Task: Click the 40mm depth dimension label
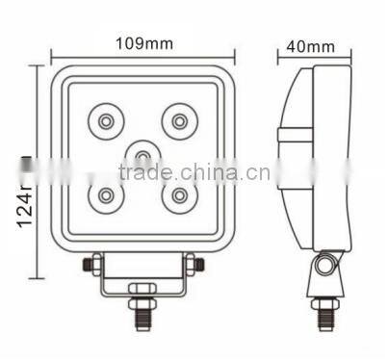tap(310, 44)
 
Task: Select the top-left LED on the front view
tap(104, 121)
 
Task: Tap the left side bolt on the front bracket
tap(88, 263)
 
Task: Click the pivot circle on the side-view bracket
tap(325, 264)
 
